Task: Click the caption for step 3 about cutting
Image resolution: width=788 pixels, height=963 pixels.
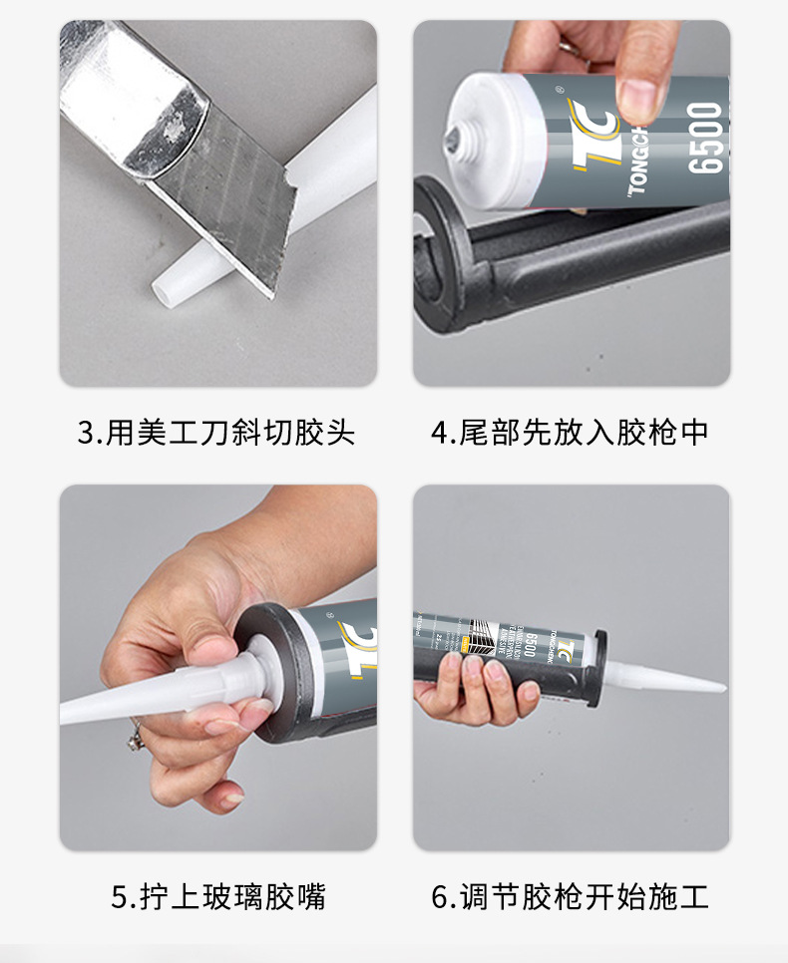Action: pyautogui.click(x=216, y=433)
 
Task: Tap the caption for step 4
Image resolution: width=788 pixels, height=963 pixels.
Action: pyautogui.click(x=570, y=433)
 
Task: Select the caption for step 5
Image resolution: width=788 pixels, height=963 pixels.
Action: pyautogui.click(x=217, y=896)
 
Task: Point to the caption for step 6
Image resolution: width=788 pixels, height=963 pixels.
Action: pyautogui.click(x=570, y=896)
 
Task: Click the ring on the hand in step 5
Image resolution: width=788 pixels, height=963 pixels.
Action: pyautogui.click(x=133, y=739)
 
